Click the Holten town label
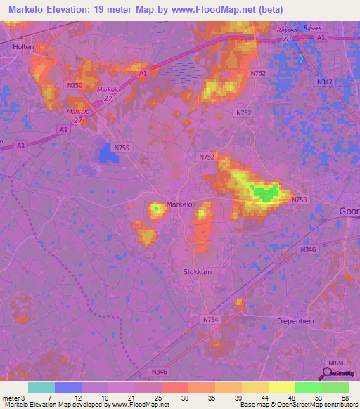[x=23, y=46]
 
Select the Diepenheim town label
[x=302, y=316]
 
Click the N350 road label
[x=75, y=85]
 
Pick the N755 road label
[x=122, y=148]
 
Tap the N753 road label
[x=300, y=200]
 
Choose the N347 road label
[x=324, y=82]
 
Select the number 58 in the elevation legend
[x=344, y=397]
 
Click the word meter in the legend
[x=12, y=397]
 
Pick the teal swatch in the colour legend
[x=41, y=387]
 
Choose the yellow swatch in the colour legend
[x=282, y=387]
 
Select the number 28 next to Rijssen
[x=286, y=39]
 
